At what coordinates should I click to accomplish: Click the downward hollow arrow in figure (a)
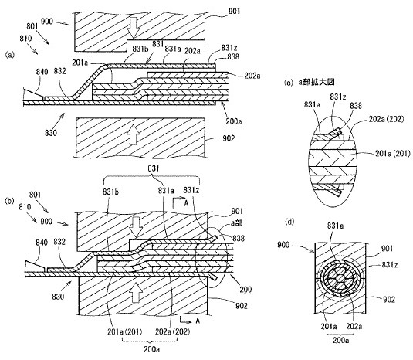coord(134,29)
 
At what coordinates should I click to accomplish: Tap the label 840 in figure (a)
coord(42,72)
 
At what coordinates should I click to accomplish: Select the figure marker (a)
coord(10,55)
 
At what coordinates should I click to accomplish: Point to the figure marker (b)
coord(10,202)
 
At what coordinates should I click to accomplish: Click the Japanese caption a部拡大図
coord(317,83)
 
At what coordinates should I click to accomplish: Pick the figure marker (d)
coord(289,222)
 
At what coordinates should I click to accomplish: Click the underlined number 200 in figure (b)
coord(245,290)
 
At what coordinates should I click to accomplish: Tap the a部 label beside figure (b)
coord(236,223)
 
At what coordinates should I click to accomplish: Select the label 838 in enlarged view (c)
coord(356,106)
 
